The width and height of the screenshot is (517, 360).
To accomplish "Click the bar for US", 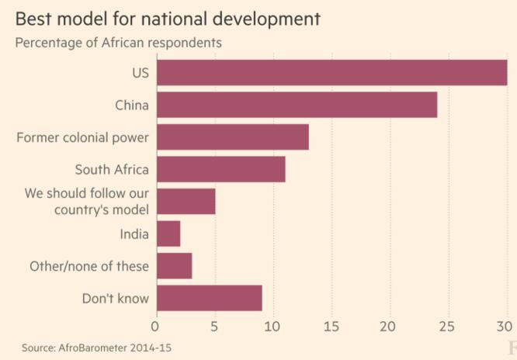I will coord(331,73).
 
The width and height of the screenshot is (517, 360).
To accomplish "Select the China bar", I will coord(297,105).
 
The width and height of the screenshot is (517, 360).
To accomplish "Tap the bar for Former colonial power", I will coord(232,137).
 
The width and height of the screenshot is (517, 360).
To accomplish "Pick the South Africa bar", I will coord(220,169).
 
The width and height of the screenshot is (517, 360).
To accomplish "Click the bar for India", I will coord(168,234).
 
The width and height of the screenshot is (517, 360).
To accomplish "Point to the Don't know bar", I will coord(209,298).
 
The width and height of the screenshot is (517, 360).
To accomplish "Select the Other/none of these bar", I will coord(174,266).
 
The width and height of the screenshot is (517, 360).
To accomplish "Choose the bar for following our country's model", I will coord(186,202).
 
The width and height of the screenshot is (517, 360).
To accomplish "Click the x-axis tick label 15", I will coord(331,327).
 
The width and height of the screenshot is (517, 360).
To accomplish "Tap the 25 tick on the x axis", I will coord(448,327).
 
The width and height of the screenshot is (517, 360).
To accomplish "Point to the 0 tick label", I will coord(156,327).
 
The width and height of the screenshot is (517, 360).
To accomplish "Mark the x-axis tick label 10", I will coord(272,327).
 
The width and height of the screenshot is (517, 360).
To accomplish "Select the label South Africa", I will coord(111,169).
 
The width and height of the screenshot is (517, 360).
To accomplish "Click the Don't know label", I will coord(115,298).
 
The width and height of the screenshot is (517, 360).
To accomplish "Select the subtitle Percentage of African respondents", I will coord(118,43).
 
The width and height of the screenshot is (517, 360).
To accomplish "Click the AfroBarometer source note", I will coord(96,347).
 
